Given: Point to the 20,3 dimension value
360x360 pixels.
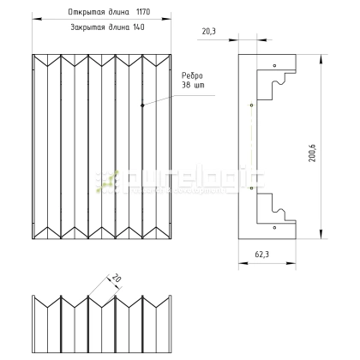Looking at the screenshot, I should pos(208,31).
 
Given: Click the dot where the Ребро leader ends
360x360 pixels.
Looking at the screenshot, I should pos(142,105).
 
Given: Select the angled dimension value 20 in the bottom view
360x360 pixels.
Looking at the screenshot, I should pos(112,279).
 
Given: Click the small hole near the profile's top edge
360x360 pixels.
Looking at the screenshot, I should pos(273,65).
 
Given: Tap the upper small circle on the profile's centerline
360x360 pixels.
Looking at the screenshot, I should pos(250,106).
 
